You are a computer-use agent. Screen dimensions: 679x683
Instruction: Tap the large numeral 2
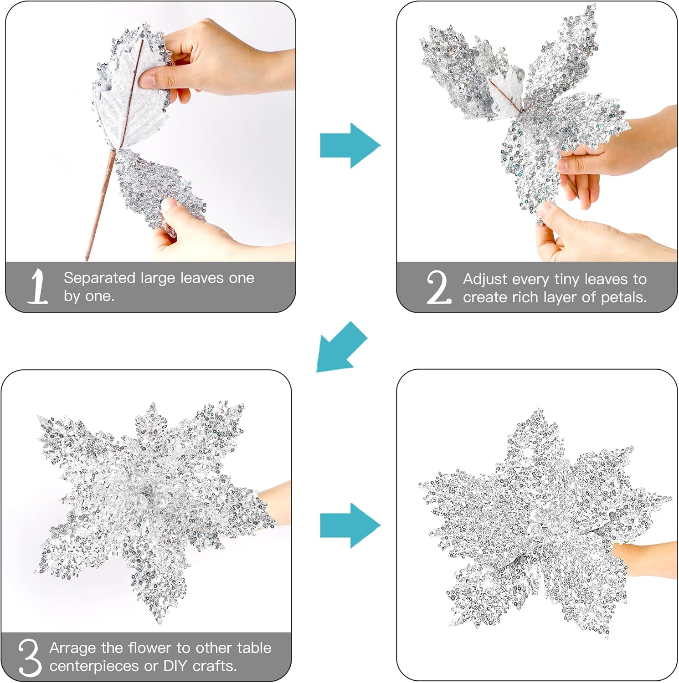pos(439,287)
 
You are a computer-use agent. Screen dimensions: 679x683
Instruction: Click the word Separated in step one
pos(100,278)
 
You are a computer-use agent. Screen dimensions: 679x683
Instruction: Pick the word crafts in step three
pos(215,666)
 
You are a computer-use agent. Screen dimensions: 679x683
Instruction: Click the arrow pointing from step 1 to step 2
pos(350,146)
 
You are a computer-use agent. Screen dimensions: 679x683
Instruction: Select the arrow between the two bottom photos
pos(350,525)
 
